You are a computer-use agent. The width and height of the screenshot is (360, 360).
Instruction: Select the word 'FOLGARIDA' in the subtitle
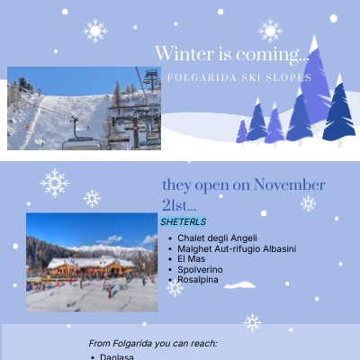[199, 77]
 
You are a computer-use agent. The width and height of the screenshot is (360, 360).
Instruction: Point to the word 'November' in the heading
[289, 185]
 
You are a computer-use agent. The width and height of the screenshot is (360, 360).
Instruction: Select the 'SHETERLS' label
[184, 221]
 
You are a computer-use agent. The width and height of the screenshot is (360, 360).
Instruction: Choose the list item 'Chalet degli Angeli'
[217, 238]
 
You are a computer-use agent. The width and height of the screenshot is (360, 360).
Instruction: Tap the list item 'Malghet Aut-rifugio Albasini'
[237, 248]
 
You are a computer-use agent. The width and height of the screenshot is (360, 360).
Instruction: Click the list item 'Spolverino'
[200, 269]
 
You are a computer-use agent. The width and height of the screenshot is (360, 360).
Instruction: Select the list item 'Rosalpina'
[198, 279]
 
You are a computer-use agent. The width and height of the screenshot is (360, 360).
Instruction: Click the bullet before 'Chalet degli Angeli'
[171, 238]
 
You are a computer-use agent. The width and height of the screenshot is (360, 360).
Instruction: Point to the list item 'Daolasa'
[117, 357]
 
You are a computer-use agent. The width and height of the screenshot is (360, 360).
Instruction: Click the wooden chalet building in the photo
[90, 266]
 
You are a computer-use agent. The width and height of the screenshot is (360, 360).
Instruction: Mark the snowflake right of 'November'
[308, 203]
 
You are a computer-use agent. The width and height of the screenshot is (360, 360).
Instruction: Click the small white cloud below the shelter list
[240, 285]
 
